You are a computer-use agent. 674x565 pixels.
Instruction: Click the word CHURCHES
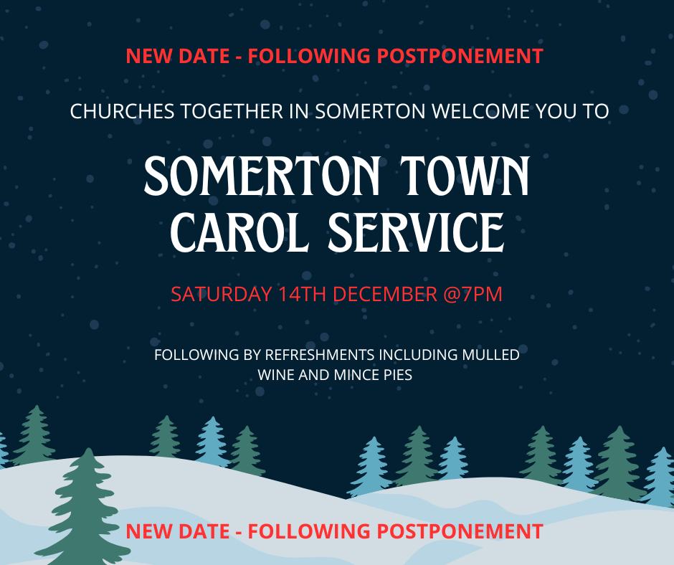[122, 111]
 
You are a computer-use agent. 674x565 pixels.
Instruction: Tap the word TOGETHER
[232, 111]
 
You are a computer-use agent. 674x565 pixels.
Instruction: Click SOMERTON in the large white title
[262, 176]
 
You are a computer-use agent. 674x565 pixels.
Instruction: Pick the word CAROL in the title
[240, 232]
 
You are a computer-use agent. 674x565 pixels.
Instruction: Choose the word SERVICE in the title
[416, 232]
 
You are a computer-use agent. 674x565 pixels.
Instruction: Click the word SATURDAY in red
[222, 294]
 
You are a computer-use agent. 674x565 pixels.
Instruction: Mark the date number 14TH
[302, 294]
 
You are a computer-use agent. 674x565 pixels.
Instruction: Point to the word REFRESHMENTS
[319, 355]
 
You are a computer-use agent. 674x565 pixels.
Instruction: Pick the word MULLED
[490, 355]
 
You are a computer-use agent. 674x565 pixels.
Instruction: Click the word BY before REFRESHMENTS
[252, 355]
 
